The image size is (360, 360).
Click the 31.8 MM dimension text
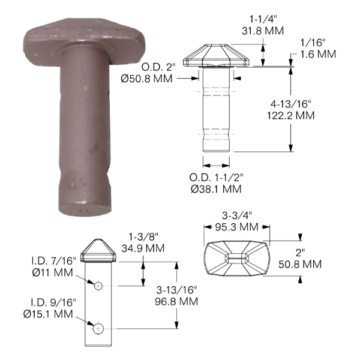263,31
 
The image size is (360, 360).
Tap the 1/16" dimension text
314,43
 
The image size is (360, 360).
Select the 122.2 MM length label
290,115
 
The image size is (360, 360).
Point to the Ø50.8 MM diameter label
146,79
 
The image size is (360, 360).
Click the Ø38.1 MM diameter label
216,189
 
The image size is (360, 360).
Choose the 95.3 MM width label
237,227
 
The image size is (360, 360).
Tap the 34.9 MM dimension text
143,248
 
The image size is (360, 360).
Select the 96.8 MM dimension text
176,301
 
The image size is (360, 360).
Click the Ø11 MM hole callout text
53,272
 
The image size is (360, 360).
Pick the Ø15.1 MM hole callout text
48,314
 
